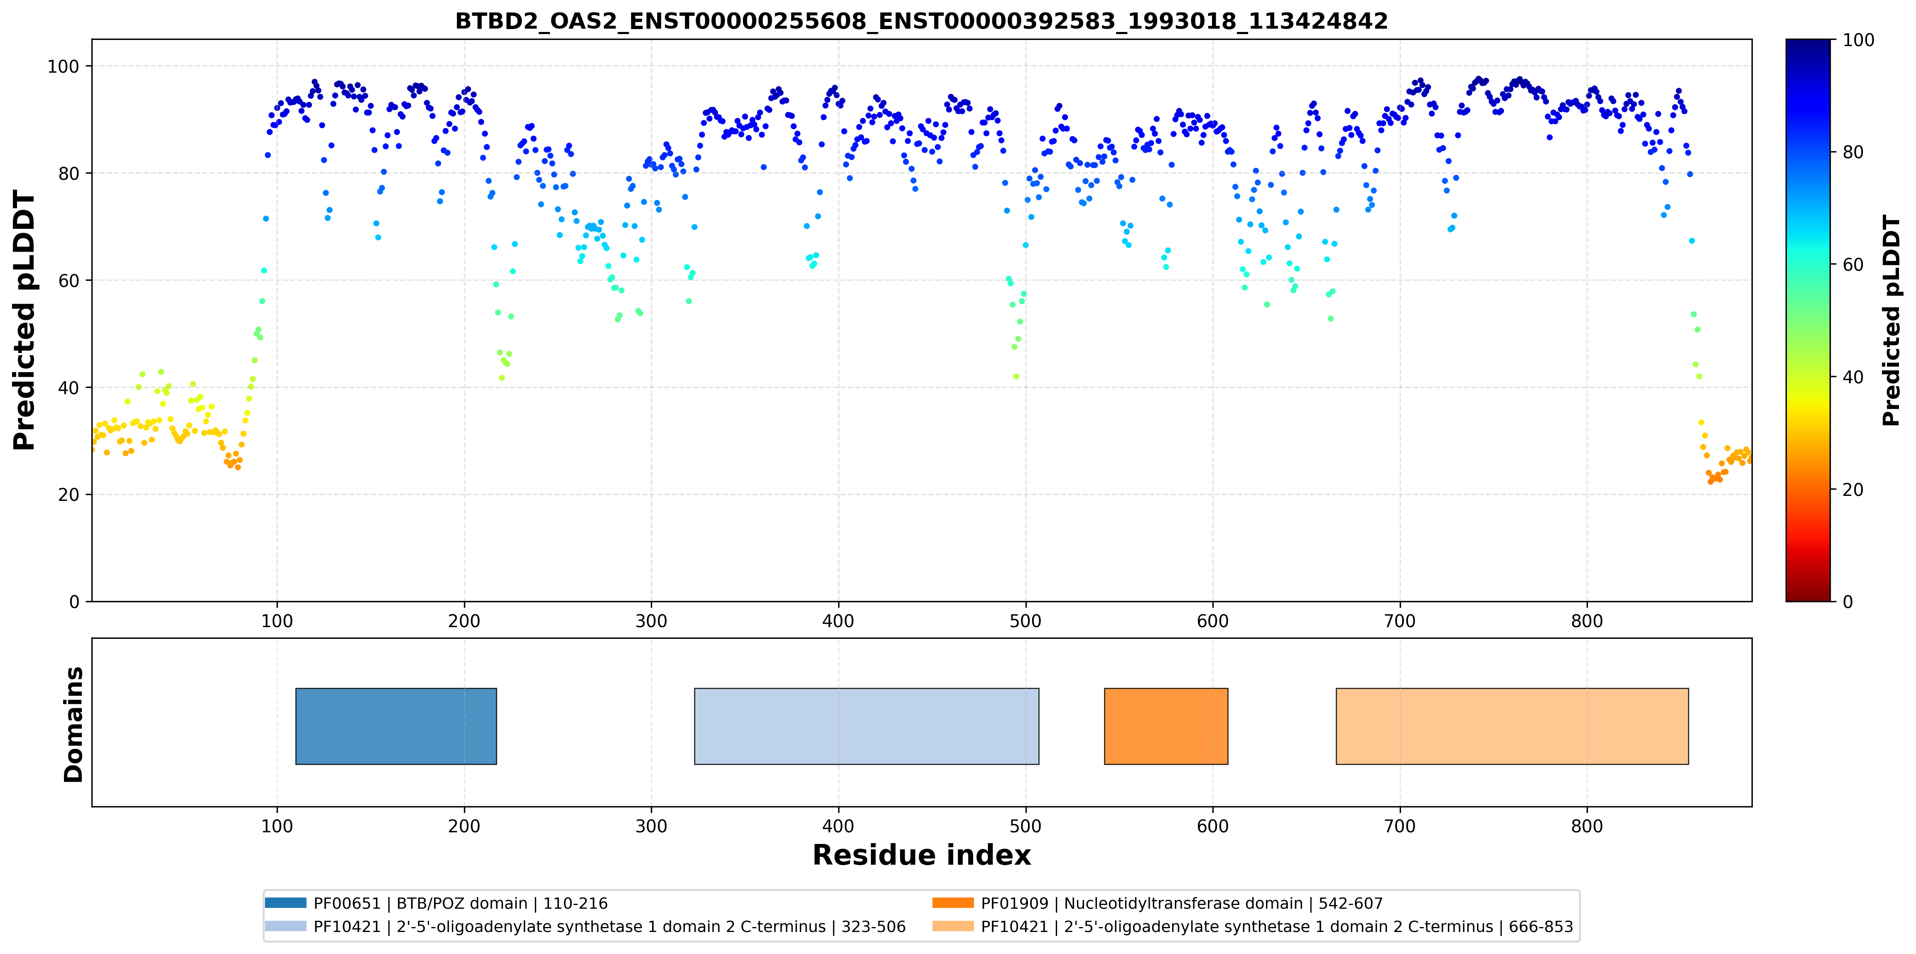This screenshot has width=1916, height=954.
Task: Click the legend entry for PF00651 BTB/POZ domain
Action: point(437,903)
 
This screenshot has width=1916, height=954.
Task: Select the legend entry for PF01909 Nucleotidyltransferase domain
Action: point(1157,903)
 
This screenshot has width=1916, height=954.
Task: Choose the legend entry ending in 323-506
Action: point(585,927)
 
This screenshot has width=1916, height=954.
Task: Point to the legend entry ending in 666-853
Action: point(1253,927)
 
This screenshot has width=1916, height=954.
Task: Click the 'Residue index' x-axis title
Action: point(922,855)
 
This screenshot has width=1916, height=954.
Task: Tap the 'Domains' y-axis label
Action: point(74,724)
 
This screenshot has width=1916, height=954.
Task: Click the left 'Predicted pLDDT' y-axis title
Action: point(25,321)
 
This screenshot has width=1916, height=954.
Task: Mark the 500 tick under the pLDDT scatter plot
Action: point(1025,621)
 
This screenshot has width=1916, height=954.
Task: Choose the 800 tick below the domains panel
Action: point(1587,826)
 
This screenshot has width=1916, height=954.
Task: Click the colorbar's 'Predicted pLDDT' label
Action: point(1891,321)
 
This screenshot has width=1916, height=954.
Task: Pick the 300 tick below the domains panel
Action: point(652,826)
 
